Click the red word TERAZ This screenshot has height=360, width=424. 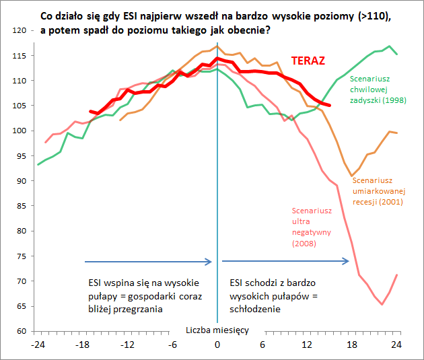[308, 61]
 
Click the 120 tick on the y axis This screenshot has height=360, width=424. [21, 30]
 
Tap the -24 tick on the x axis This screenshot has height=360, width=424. [38, 345]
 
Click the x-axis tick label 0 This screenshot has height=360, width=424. [217, 345]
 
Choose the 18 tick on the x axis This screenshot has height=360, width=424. [352, 345]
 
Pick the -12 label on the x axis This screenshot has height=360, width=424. [128, 345]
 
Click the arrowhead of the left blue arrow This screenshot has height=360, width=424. [210, 261]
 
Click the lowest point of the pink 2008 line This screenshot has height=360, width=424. [382, 304]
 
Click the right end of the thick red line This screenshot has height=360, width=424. [329, 105]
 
